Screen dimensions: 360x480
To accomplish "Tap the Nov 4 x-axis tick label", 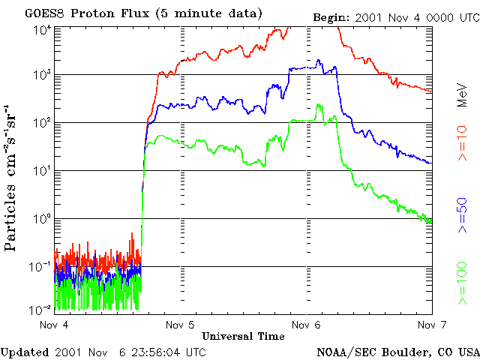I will (x=54, y=325).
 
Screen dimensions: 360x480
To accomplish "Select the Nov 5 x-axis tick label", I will (x=180, y=325).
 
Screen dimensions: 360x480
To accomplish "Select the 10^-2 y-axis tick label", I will (x=40, y=310).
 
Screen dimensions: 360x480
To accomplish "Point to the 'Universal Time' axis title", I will (x=243, y=335).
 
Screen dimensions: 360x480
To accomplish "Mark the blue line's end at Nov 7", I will (x=430, y=163).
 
